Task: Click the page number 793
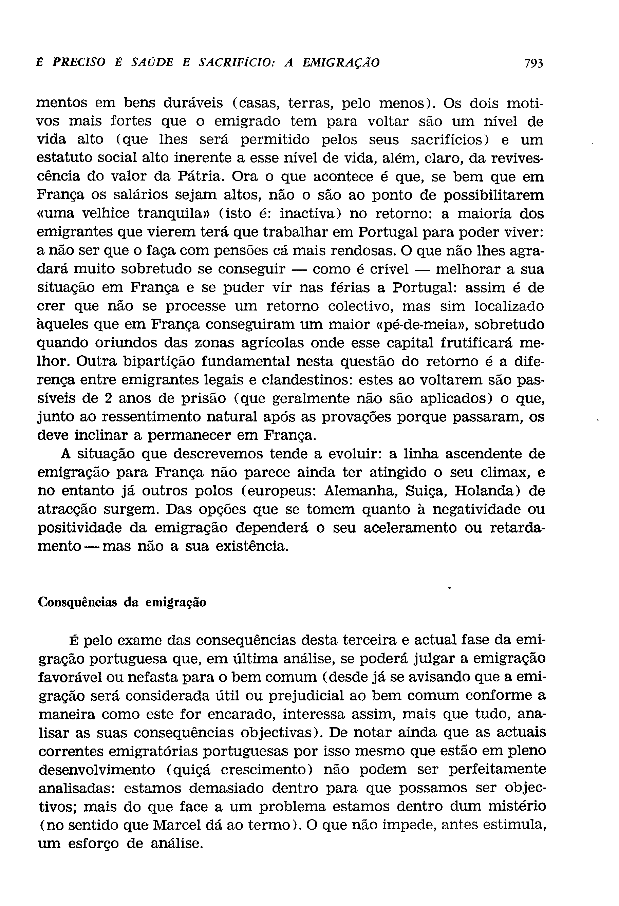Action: point(533,63)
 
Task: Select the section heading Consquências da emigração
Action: point(122,602)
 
